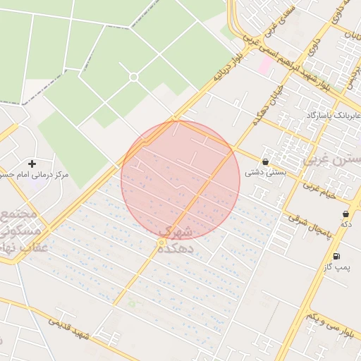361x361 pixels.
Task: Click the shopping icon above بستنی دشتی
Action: tap(265, 161)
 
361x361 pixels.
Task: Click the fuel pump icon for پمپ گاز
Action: tap(336, 257)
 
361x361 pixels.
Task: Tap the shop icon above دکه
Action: tap(345, 214)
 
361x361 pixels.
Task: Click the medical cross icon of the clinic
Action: tap(32, 164)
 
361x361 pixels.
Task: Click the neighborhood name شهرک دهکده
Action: tap(176, 240)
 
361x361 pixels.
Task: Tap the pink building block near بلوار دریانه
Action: tap(267, 66)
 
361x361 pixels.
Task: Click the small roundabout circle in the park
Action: tap(133, 77)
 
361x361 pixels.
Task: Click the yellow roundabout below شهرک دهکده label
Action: tap(161, 243)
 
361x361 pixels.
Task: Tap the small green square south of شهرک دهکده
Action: tap(131, 304)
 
